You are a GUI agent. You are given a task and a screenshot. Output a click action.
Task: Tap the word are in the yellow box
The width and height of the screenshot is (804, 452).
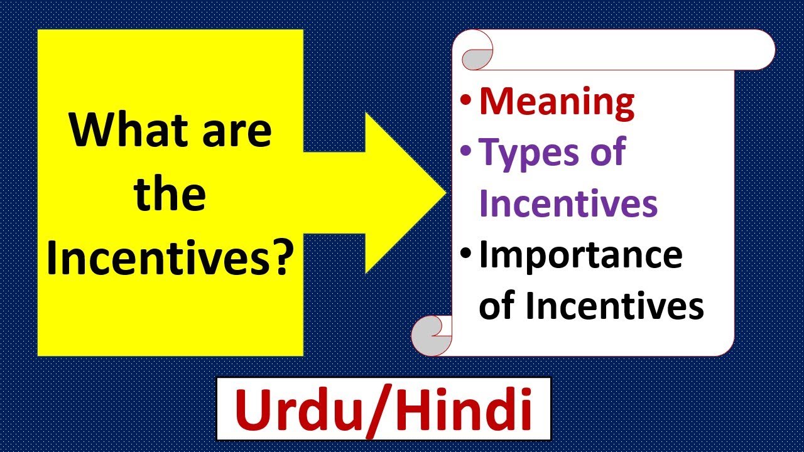pyautogui.click(x=237, y=134)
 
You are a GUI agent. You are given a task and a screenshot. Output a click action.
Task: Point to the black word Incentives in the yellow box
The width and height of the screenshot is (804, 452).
pyautogui.click(x=156, y=257)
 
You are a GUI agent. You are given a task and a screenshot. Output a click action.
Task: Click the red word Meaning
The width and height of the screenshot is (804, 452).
pyautogui.click(x=557, y=104)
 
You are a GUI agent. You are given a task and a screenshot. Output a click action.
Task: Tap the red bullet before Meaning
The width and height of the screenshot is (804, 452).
pyautogui.click(x=465, y=100)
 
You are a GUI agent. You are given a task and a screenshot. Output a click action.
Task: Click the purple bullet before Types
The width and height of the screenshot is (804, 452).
pyautogui.click(x=465, y=151)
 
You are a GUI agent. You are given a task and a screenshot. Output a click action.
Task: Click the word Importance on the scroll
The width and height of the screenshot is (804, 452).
pyautogui.click(x=580, y=256)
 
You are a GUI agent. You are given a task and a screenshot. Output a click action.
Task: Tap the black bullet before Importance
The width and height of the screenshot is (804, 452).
pyautogui.click(x=465, y=253)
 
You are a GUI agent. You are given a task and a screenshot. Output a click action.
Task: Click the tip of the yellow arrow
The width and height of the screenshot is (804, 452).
pyautogui.click(x=445, y=193)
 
